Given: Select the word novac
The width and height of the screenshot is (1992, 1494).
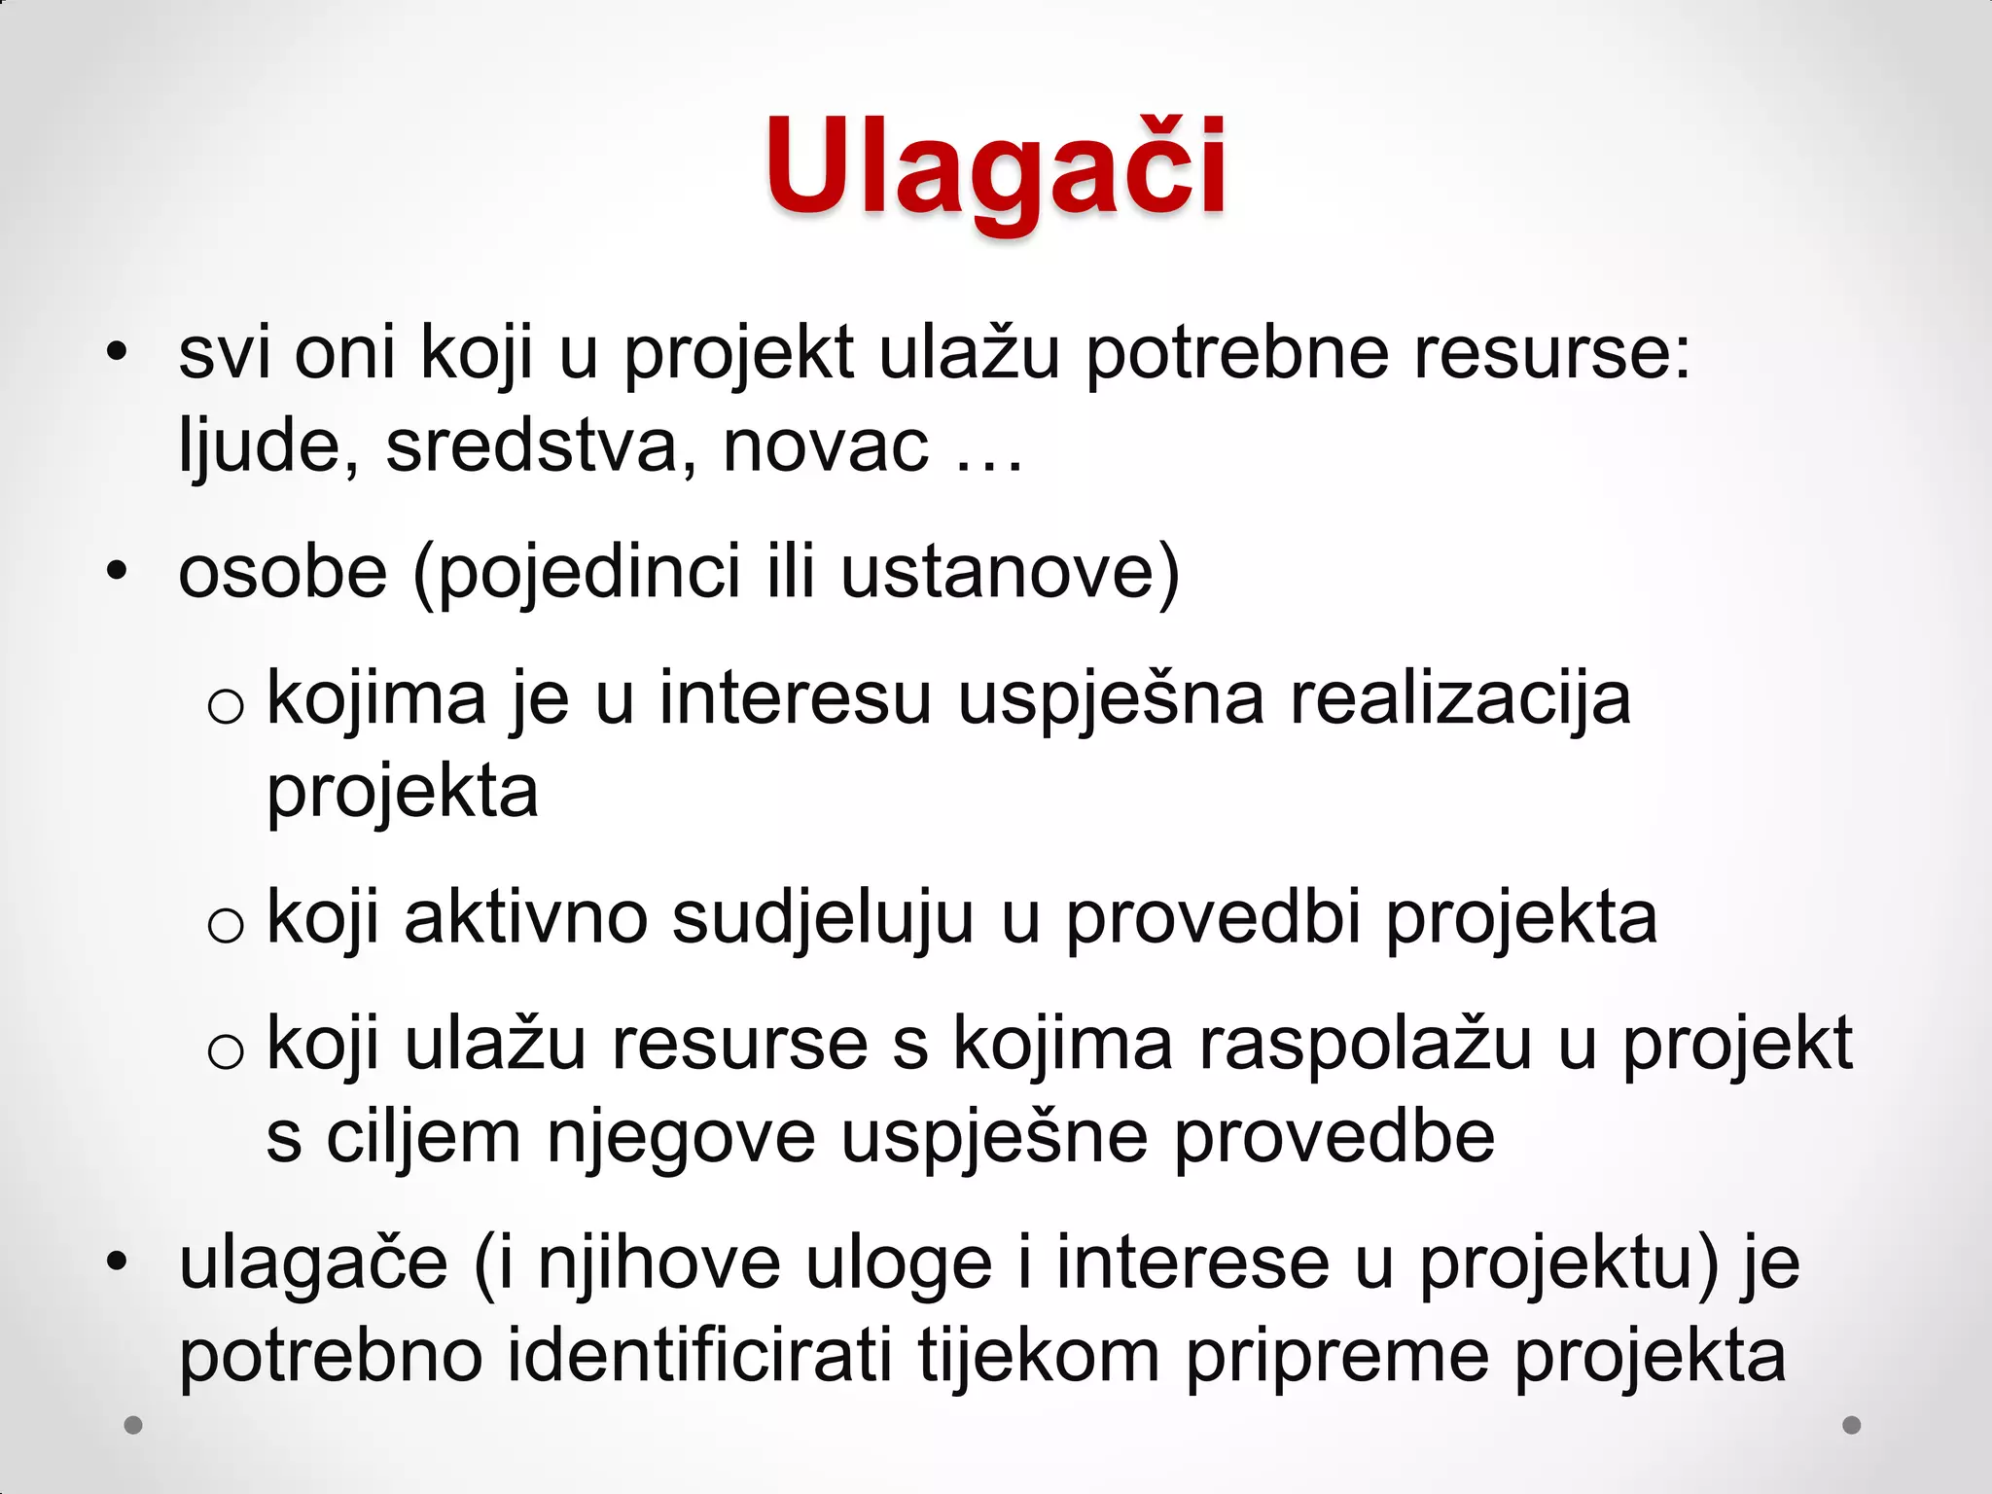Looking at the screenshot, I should coord(826,446).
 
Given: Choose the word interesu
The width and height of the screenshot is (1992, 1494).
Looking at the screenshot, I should coord(795,698).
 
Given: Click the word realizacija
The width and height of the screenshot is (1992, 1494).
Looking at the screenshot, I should coord(1459,698).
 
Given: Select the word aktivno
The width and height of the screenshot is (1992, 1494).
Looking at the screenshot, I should coord(525,918).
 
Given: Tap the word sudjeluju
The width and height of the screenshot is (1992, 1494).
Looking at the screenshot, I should coord(822,920).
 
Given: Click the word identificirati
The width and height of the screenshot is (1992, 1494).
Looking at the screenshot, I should coord(699,1356).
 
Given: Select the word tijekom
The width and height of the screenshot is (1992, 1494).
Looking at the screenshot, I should coord(1038,1356).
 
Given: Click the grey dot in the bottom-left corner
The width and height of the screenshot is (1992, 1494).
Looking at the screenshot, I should coord(133,1425).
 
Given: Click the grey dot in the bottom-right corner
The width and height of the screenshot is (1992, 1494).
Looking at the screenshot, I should coord(1852,1425).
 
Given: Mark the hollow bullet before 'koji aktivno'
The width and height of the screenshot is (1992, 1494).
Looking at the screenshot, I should coord(226,924).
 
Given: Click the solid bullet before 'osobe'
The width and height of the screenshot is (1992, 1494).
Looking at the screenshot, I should coord(117,572).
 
